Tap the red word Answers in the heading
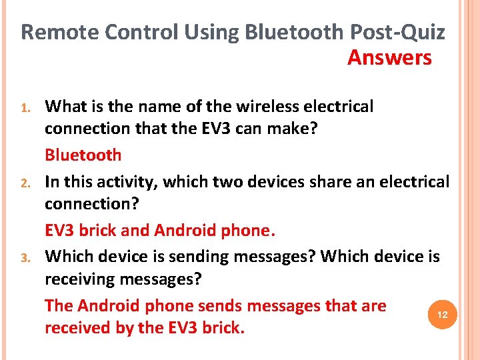point(389,58)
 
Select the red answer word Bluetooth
point(83,155)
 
